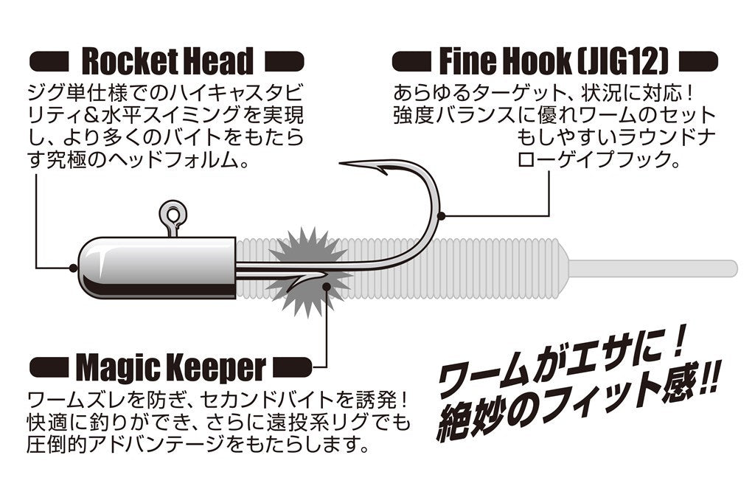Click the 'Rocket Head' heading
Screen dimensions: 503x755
[x=167, y=61]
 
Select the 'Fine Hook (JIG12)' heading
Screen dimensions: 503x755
[x=554, y=61]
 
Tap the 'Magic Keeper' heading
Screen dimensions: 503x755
[x=170, y=366]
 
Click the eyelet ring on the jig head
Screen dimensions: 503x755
[x=173, y=215]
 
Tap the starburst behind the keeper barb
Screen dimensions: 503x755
[x=310, y=273]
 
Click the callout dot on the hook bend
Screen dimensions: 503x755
[x=441, y=216]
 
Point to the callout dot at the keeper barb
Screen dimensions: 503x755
[x=326, y=278]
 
